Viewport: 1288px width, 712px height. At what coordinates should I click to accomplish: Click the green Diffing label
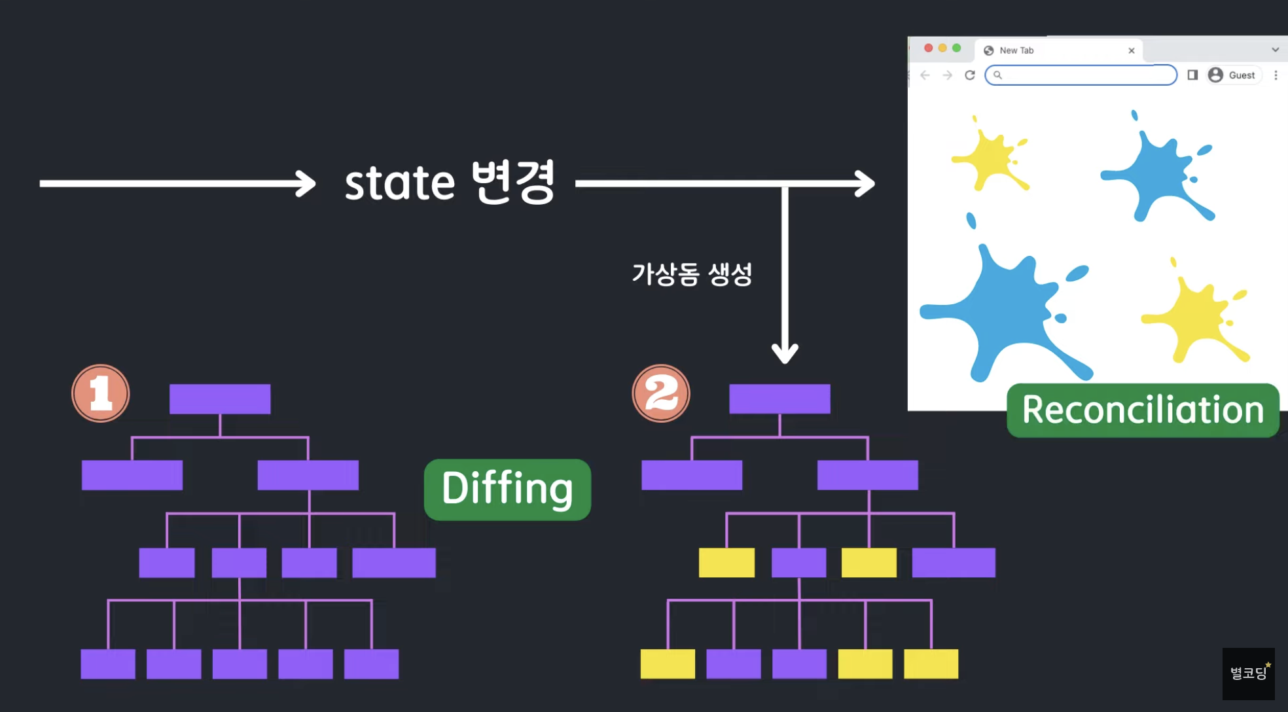point(507,489)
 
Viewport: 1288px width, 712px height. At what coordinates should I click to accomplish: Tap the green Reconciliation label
point(1143,410)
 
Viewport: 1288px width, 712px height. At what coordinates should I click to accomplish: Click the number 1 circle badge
point(101,393)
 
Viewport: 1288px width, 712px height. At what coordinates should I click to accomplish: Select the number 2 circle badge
point(661,393)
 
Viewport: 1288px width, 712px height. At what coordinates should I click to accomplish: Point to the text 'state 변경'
point(450,182)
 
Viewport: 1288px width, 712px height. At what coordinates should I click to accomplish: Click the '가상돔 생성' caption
point(692,274)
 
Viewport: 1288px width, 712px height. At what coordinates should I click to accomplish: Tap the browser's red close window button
point(928,48)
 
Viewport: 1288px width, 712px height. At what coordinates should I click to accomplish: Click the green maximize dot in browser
point(956,48)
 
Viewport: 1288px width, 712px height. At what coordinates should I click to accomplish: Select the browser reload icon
point(970,75)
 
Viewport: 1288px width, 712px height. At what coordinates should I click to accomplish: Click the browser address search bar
point(1081,75)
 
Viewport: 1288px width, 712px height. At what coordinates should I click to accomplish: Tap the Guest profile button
point(1234,75)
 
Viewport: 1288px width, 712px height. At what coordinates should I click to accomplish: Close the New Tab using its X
point(1131,50)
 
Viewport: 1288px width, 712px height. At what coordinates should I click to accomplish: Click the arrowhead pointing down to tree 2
point(785,354)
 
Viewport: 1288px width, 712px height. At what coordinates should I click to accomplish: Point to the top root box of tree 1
point(220,399)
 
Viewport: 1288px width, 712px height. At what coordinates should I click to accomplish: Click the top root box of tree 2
point(779,399)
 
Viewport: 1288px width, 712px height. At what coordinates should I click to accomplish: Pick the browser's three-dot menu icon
point(1276,75)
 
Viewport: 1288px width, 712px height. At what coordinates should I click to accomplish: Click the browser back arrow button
point(925,75)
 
